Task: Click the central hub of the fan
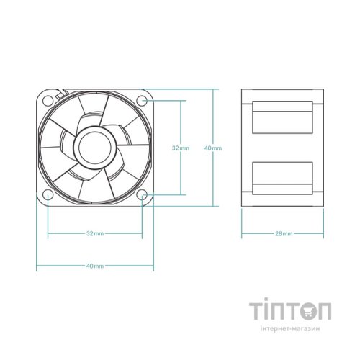94,146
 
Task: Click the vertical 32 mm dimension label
180,148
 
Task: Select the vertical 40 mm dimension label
214,148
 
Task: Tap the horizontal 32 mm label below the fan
94,234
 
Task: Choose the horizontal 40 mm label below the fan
94,266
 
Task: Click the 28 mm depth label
284,234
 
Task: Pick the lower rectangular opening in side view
284,179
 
